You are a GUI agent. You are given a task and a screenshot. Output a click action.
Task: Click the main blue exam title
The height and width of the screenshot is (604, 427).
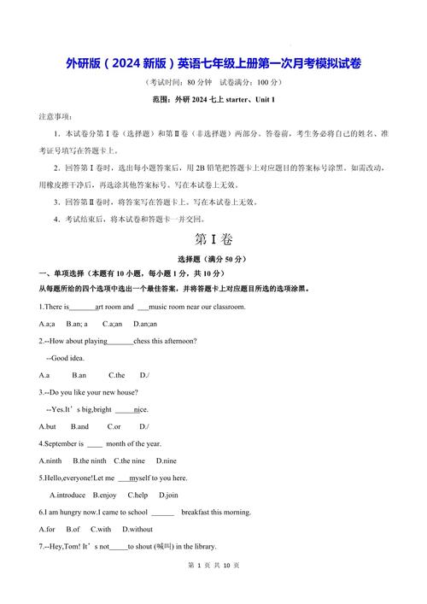pos(213,64)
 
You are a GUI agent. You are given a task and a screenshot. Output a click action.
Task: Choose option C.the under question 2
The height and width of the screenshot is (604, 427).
pos(117,375)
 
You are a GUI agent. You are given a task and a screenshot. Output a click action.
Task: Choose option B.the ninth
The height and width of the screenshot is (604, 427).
pos(90,460)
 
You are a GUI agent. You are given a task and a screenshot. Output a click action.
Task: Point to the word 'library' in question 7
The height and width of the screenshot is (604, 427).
pos(202,547)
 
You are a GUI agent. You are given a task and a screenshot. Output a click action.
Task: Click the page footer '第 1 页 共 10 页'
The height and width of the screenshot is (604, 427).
pos(213,589)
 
